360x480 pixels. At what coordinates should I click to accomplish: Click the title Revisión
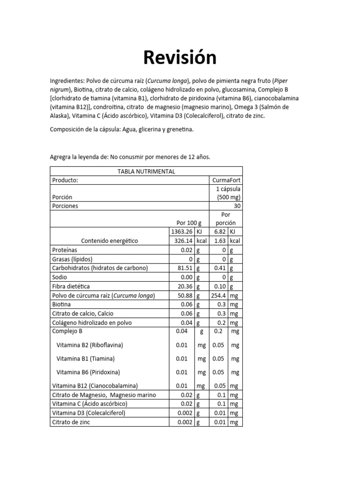point(180,58)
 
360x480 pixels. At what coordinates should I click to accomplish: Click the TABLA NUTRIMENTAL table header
point(146,171)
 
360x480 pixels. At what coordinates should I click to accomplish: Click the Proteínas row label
point(64,250)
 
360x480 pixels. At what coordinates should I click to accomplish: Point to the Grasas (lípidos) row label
point(72,259)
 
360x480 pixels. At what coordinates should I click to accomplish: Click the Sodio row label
point(60,277)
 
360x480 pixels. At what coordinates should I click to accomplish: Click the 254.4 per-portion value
point(218,295)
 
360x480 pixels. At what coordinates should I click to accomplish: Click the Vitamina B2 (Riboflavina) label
point(90,345)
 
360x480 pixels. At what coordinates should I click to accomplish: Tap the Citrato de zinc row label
point(71,422)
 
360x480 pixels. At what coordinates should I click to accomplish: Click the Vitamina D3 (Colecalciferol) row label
point(89,413)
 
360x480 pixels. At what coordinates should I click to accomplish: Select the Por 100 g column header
point(188,223)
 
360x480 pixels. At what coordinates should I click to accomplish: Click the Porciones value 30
point(237,205)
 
